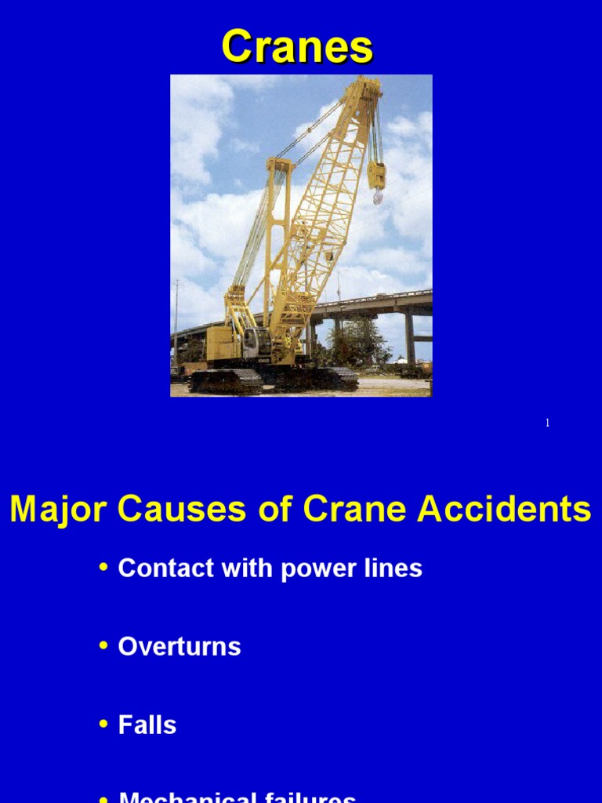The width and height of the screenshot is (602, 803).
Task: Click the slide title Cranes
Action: (x=297, y=47)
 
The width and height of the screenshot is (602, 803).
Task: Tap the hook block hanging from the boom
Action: (x=377, y=176)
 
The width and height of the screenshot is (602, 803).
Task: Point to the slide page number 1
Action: (x=547, y=423)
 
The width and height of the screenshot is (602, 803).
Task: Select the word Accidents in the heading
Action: (x=504, y=510)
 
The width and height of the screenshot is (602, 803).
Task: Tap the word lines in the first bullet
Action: (x=397, y=569)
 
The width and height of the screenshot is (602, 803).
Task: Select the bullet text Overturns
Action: (x=180, y=647)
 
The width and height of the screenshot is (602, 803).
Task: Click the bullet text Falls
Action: (x=147, y=725)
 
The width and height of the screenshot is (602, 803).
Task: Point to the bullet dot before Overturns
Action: (x=104, y=645)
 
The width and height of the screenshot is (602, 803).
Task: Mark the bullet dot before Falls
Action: (x=104, y=724)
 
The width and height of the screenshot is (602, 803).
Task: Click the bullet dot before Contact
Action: (x=104, y=567)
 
